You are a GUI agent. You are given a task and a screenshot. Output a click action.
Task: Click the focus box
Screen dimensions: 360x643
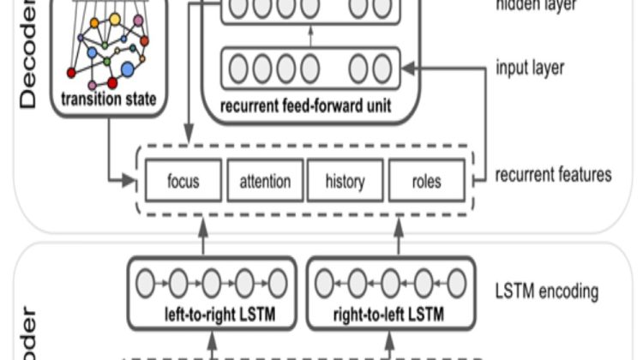click(x=183, y=182)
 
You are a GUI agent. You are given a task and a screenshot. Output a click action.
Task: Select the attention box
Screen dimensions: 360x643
click(x=264, y=182)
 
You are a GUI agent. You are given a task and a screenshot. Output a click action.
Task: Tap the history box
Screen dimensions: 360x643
click(x=345, y=182)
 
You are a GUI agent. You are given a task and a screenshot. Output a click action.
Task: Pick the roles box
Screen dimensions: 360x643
click(x=426, y=182)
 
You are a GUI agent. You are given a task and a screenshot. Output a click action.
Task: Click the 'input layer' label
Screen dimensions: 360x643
click(x=531, y=68)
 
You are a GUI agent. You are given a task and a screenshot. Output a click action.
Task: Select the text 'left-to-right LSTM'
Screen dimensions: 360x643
click(x=212, y=315)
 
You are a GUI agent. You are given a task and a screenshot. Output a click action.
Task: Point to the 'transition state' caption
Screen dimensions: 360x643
click(x=109, y=100)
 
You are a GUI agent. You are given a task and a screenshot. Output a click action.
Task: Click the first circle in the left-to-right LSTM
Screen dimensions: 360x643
click(x=145, y=282)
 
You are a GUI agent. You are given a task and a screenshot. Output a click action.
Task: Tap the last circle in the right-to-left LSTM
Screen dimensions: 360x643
click(x=457, y=282)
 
